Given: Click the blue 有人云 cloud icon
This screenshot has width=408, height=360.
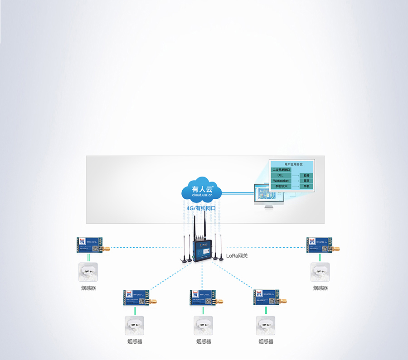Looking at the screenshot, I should (201, 189).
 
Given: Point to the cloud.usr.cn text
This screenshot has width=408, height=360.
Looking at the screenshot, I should (202, 195).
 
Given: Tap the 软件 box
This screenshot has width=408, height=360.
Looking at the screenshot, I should (306, 175).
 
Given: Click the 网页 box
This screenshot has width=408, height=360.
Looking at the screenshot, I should (306, 181).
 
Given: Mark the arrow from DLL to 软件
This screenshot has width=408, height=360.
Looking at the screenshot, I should (294, 175).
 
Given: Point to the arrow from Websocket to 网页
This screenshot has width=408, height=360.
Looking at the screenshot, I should (294, 181).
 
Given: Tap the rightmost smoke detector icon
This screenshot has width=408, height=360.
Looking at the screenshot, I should (320, 272).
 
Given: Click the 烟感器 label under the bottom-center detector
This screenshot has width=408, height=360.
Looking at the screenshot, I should (204, 341).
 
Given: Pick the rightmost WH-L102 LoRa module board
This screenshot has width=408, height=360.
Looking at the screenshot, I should (321, 245).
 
